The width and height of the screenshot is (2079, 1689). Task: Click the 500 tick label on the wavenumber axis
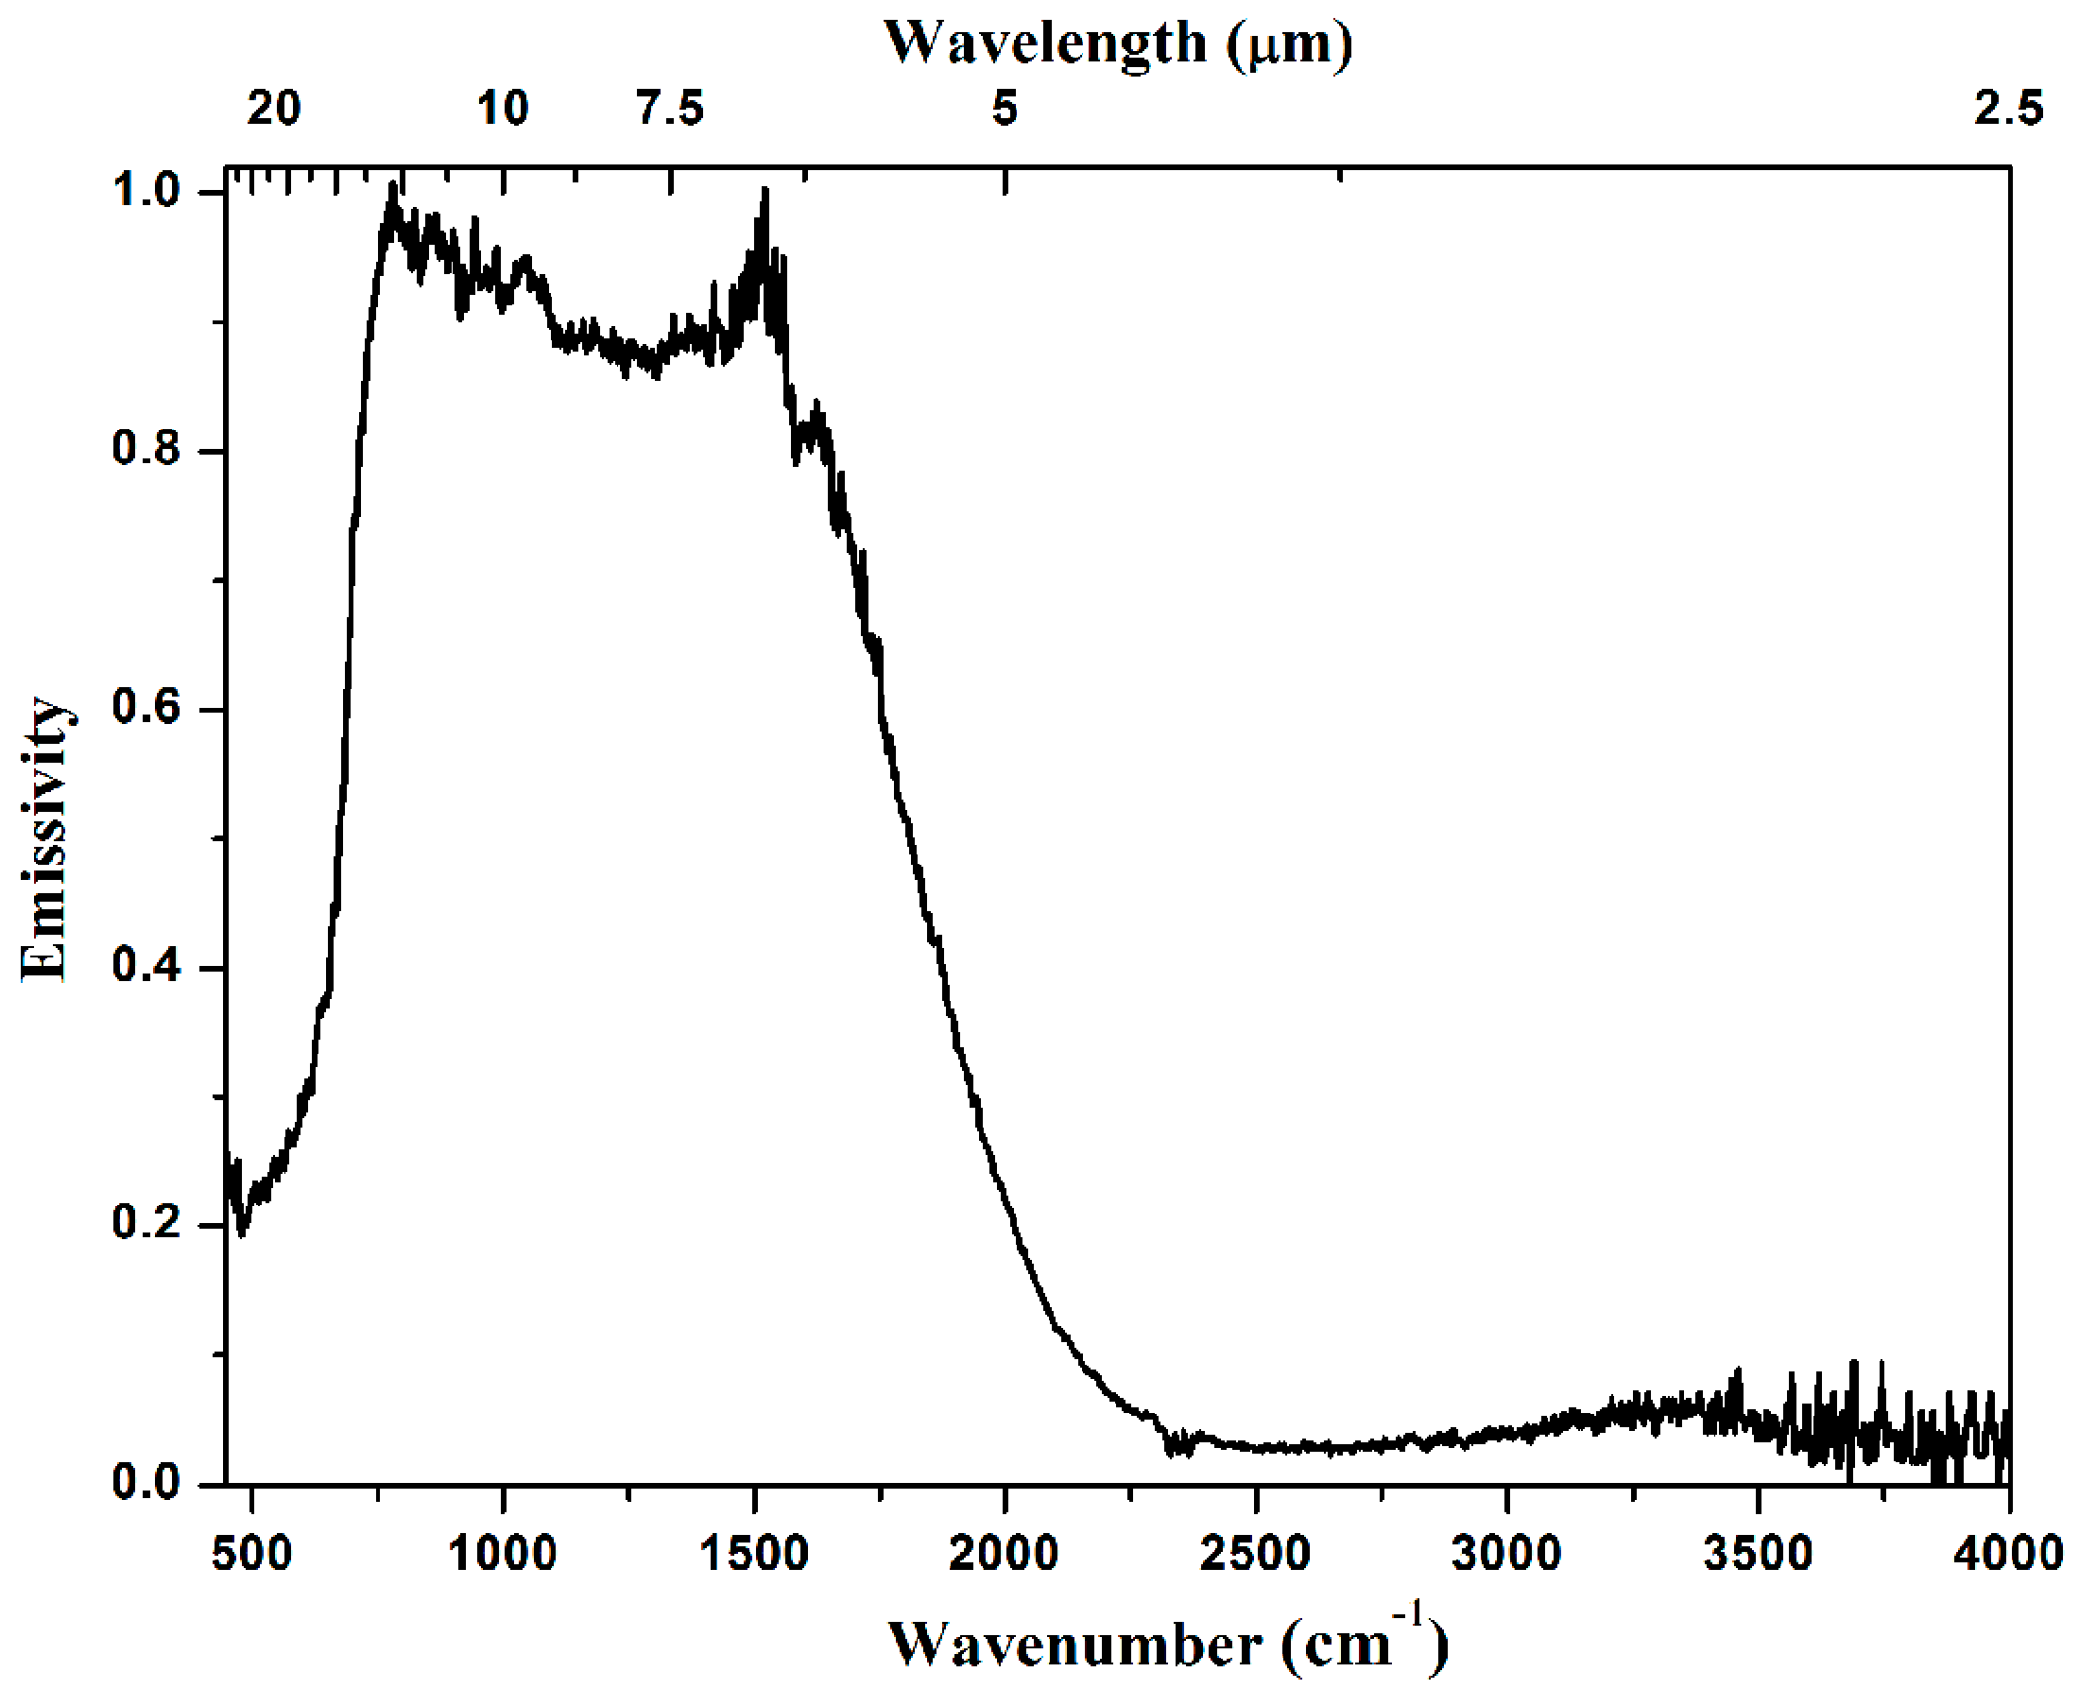[252, 1554]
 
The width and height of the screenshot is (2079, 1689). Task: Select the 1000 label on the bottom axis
[502, 1554]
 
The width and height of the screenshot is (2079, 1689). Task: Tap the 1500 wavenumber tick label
[754, 1554]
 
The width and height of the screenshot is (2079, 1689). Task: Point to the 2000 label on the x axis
[1004, 1554]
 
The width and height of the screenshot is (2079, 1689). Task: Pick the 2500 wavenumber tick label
[1255, 1554]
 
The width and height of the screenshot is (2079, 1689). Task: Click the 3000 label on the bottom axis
[1506, 1554]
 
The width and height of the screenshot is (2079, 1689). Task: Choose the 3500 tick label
[1758, 1554]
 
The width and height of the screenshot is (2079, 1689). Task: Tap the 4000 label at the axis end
[2008, 1554]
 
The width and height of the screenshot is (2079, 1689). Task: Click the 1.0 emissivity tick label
[146, 191]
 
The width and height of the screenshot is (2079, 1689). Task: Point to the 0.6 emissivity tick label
[146, 707]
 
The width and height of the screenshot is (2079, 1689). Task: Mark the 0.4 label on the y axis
[146, 966]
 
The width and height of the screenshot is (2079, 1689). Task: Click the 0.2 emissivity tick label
[146, 1224]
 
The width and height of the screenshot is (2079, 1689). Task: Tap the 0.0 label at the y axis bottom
[146, 1482]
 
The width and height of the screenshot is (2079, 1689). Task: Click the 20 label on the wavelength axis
[273, 108]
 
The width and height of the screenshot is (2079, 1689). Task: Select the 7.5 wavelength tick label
[670, 108]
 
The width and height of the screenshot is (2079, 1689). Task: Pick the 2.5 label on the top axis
[2008, 108]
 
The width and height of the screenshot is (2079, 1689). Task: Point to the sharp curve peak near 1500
[765, 192]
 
